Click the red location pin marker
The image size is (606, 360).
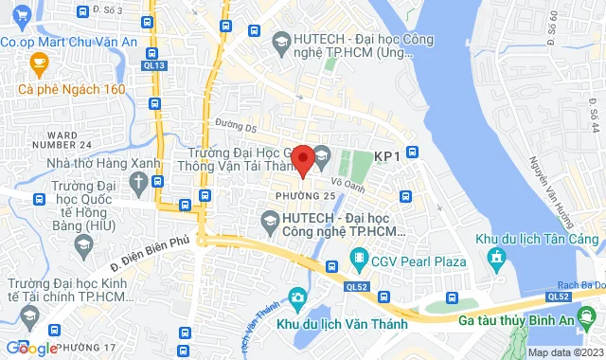[x=302, y=159]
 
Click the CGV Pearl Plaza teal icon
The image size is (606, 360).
[x=359, y=257]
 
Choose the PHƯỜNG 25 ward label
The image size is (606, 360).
[x=305, y=195]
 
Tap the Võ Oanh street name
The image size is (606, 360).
[x=348, y=186]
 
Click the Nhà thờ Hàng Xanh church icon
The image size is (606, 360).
[x=139, y=181]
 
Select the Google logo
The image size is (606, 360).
[x=30, y=349]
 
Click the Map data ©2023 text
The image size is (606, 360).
[x=564, y=352]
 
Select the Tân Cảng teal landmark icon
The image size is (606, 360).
[x=494, y=257]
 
